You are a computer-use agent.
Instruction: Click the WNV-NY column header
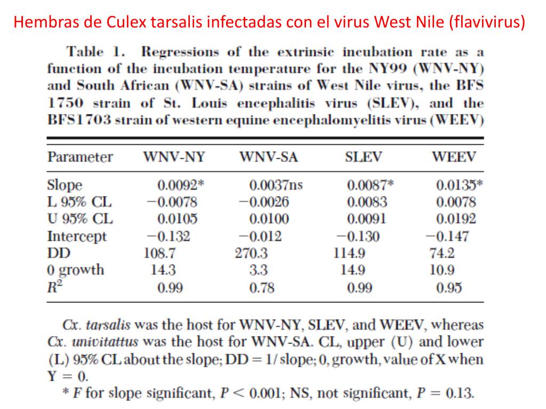(x=174, y=157)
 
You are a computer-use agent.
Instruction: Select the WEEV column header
(x=454, y=157)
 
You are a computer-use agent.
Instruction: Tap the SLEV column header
(x=364, y=157)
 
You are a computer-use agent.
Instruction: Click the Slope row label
(x=65, y=185)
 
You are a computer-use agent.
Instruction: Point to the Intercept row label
(x=77, y=236)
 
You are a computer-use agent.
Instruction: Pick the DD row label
(x=59, y=253)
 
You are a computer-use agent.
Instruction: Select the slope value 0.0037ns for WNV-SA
(x=276, y=185)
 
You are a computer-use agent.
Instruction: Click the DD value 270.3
(x=252, y=253)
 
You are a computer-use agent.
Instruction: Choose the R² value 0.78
(x=262, y=288)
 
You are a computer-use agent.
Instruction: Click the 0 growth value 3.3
(x=259, y=270)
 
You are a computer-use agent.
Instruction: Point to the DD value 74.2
(x=442, y=253)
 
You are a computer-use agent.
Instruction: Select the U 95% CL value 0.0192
(x=456, y=219)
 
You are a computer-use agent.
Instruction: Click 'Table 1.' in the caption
(x=91, y=52)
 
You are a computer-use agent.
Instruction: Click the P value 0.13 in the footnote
(x=459, y=394)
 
